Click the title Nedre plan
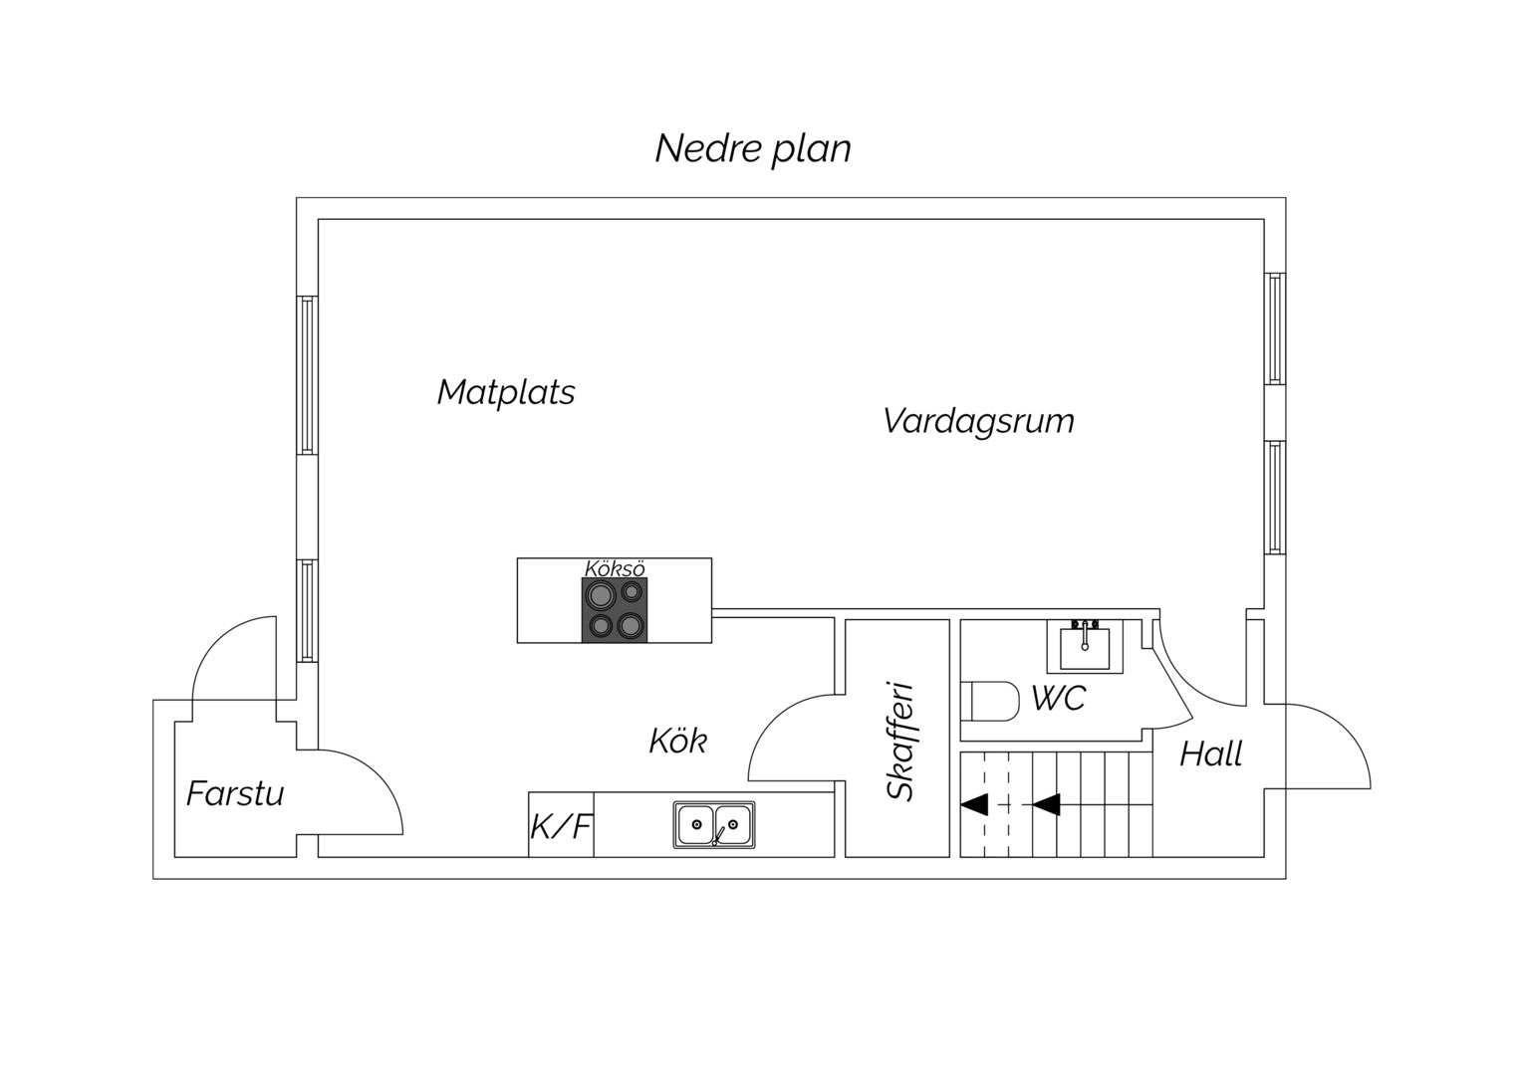pos(753,148)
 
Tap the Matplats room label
pos(506,392)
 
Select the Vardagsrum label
pos(978,422)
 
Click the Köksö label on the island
pos(615,568)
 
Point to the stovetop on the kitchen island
pos(615,610)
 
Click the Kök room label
pos(678,741)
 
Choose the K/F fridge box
pos(561,824)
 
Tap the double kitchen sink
pos(714,824)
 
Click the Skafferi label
pos(901,741)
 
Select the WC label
pos(1059,698)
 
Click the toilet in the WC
pos(990,701)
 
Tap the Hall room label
pos(1211,754)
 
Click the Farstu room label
pos(235,794)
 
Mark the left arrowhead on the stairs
pos(974,804)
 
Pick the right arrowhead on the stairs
pos(1046,804)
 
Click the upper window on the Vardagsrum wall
pos(1275,328)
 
